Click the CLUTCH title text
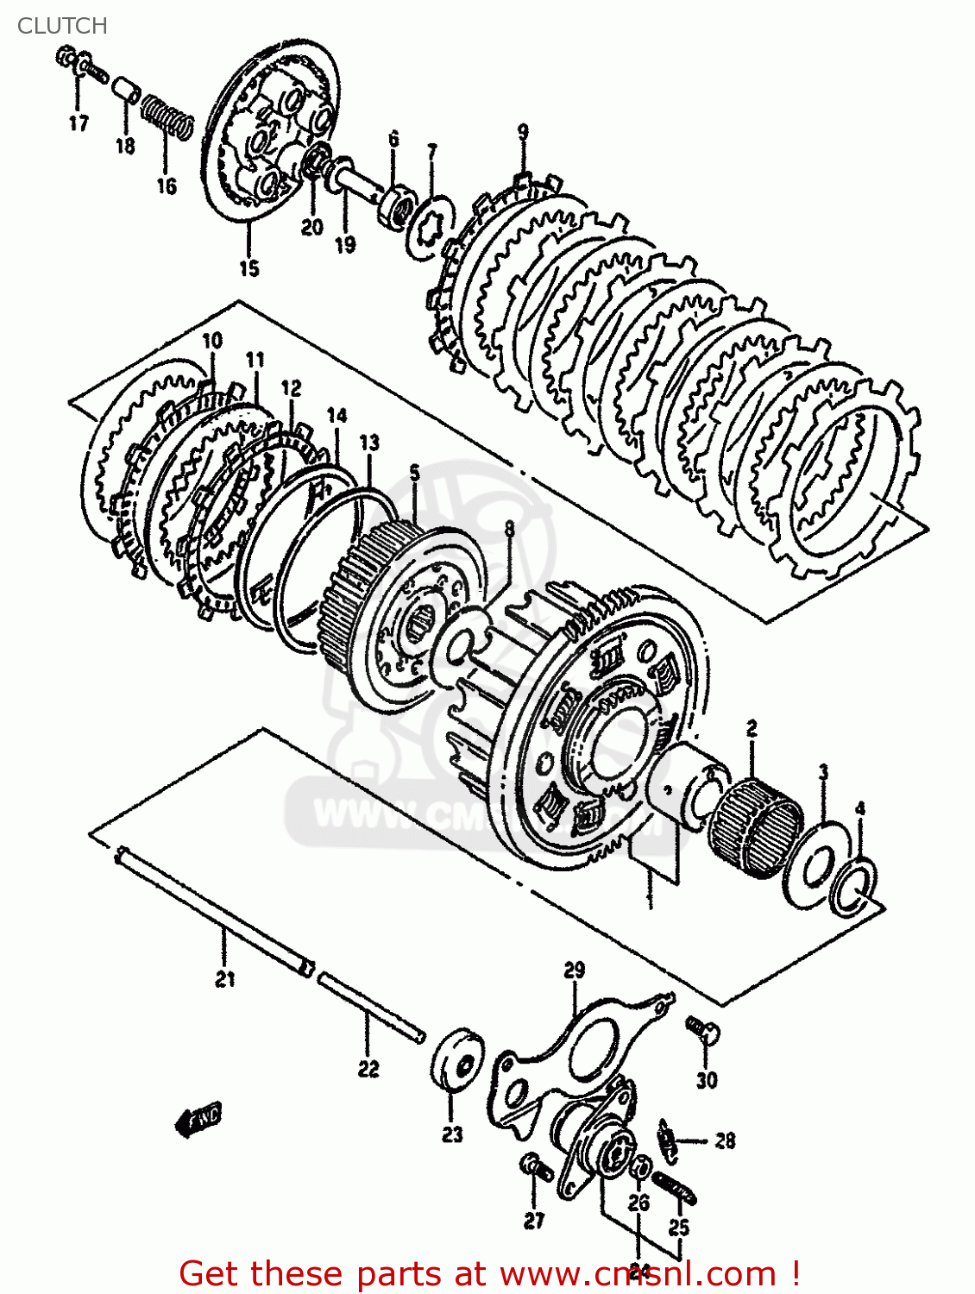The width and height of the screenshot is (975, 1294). (62, 26)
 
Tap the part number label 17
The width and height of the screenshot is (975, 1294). (79, 123)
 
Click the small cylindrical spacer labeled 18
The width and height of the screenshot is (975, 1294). (128, 90)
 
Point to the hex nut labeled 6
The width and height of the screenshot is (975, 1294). (395, 206)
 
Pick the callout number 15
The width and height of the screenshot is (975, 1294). (248, 268)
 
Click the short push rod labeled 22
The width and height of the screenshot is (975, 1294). (371, 1008)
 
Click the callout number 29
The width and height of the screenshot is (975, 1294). (574, 970)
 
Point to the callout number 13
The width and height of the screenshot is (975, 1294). (368, 443)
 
